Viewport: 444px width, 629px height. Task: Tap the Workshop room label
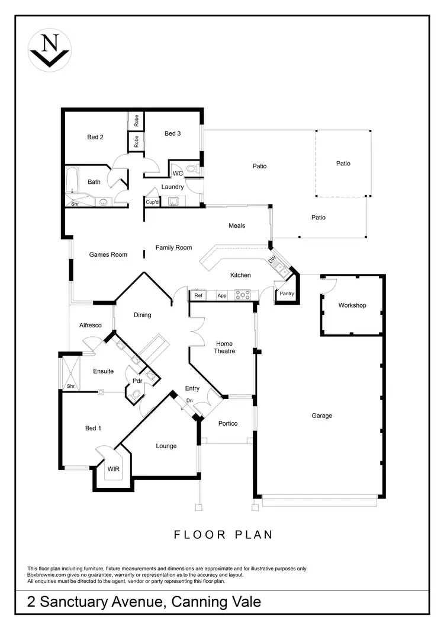coord(352,305)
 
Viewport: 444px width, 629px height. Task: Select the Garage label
coord(322,416)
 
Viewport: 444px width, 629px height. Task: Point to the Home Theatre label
coord(224,347)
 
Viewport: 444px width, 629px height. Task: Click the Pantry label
coord(287,293)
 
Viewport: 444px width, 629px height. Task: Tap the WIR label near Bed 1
coord(113,468)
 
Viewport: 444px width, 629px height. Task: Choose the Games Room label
coord(108,255)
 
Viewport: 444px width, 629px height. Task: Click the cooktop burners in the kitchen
coord(242,295)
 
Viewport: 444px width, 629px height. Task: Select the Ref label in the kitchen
coord(198,295)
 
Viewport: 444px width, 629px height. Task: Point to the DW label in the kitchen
coord(272,260)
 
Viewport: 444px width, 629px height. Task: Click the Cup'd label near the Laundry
coord(152,202)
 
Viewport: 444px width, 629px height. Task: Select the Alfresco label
coord(91,325)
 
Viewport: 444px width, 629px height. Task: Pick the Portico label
coord(228,423)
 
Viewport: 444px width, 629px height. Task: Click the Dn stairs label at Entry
coord(189,401)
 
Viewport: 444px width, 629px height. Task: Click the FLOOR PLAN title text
coord(223,534)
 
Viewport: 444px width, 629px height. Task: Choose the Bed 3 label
coord(172,133)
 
